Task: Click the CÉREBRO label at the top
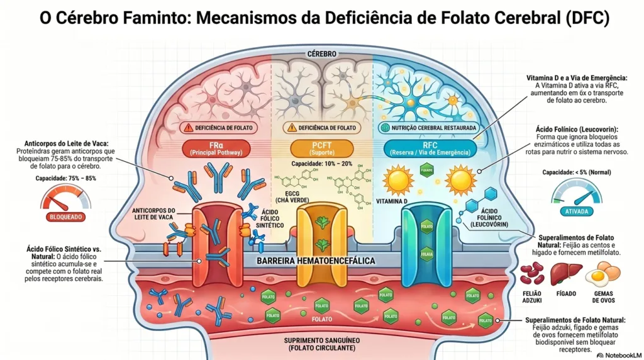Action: click(x=322, y=54)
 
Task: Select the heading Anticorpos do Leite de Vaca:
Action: click(x=70, y=143)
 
